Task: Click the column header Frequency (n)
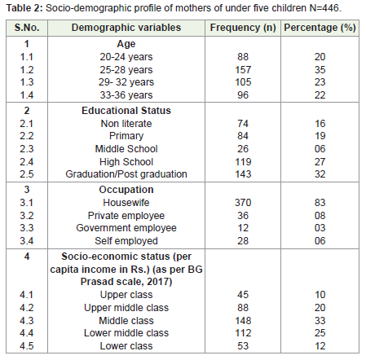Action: click(243, 28)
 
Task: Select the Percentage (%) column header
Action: click(320, 28)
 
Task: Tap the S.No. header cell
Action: click(27, 28)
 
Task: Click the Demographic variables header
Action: click(126, 28)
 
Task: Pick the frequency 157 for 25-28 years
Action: click(243, 70)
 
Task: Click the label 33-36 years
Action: click(126, 95)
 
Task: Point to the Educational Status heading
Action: click(126, 111)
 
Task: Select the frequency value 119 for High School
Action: click(243, 162)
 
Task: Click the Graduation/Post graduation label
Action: click(126, 174)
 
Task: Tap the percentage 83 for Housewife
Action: click(320, 203)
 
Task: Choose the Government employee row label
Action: click(126, 228)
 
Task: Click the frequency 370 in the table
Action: click(243, 203)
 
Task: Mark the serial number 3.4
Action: click(27, 241)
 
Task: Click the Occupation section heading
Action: click(126, 190)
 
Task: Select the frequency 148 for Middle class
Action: click(243, 321)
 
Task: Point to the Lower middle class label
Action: click(126, 333)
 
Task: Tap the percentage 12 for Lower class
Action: click(320, 346)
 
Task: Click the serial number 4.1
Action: click(27, 295)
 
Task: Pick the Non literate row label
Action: click(126, 124)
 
